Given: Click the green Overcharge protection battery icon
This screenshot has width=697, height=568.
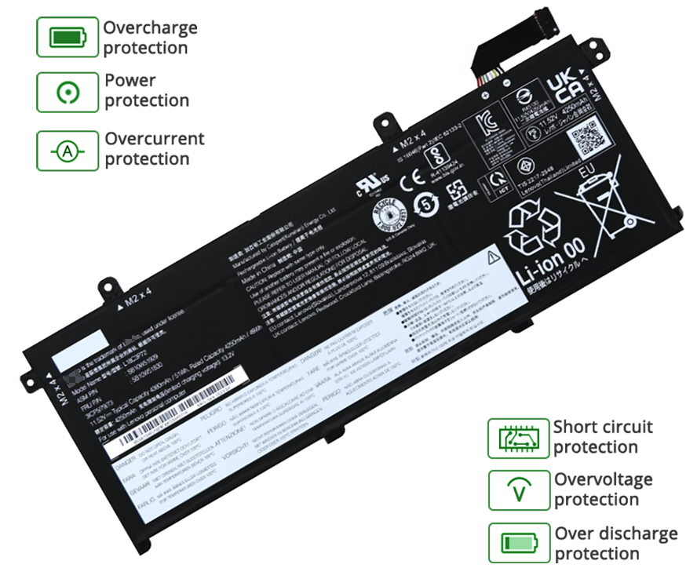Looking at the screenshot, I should click(x=68, y=37).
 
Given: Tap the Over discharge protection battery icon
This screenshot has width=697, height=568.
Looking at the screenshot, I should click(x=518, y=543).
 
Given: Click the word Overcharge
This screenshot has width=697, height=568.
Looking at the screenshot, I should click(x=150, y=28).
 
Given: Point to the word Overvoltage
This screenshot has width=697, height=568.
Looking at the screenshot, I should click(x=604, y=479).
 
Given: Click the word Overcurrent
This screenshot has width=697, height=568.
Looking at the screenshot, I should click(x=155, y=139).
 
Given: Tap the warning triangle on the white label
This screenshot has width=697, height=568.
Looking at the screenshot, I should click(x=492, y=257).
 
